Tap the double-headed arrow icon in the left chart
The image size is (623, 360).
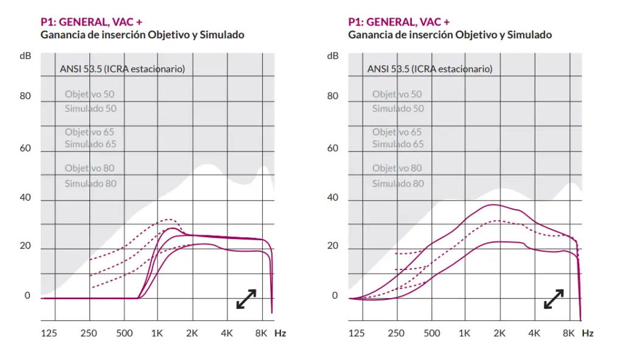point(246,299)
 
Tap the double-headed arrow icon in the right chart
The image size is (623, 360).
point(553,299)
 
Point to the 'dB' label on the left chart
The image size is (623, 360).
point(26,56)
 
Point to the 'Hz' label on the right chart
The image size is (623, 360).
point(587,333)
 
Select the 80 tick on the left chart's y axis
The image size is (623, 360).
point(26,95)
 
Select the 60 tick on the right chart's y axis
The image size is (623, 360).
point(333,148)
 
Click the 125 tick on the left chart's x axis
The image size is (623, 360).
point(49,333)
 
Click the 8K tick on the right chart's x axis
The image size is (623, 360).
point(569,333)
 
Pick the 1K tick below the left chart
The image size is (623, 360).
point(157,333)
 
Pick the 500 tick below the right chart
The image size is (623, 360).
point(431,333)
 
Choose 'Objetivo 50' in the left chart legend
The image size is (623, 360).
point(89,94)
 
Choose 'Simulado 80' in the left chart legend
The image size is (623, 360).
point(90,184)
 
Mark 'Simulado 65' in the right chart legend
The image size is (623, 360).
point(398,144)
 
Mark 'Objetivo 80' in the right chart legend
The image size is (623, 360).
point(397,168)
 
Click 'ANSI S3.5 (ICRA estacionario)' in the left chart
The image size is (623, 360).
point(122,69)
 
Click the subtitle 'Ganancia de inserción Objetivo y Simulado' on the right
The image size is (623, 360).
point(450,35)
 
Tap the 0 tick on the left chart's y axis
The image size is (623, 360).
point(27,296)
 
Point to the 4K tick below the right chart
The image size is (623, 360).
point(534,333)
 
